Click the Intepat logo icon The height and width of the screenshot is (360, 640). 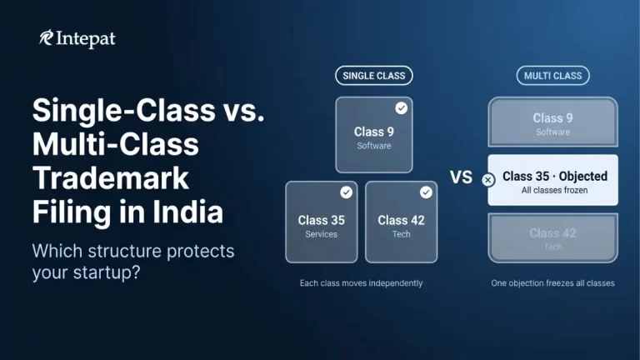(x=47, y=38)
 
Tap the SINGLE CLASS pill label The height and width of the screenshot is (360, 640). (x=374, y=76)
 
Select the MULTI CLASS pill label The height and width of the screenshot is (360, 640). (x=552, y=76)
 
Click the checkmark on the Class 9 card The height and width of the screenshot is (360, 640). (x=401, y=108)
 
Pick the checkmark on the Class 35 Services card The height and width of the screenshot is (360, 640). (x=346, y=192)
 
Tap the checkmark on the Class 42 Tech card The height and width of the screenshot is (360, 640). (x=426, y=192)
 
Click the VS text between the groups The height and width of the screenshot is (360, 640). (x=462, y=177)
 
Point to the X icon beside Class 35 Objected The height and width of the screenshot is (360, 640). (x=488, y=179)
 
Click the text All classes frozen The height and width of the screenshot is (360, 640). (x=552, y=191)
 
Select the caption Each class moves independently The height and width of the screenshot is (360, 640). (x=361, y=283)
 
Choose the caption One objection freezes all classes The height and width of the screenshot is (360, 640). (x=552, y=283)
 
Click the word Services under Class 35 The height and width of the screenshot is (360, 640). (x=321, y=234)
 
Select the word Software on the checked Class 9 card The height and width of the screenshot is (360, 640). (x=374, y=146)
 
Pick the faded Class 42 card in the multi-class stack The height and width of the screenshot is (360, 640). (x=552, y=237)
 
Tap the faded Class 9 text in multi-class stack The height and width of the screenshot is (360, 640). (x=552, y=118)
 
